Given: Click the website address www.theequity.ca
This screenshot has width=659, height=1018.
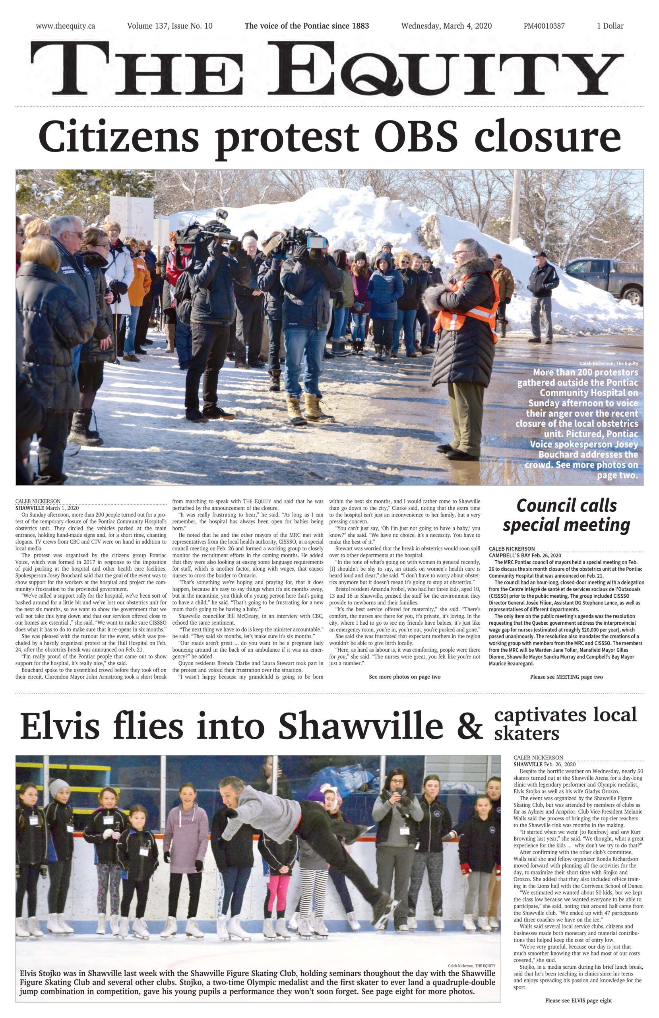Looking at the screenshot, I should tap(66, 26).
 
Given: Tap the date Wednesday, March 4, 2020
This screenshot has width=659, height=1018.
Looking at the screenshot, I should tap(446, 26).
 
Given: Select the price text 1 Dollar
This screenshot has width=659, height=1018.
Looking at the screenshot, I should tap(610, 26).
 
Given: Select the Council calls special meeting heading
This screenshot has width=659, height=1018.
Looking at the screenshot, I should tap(566, 515).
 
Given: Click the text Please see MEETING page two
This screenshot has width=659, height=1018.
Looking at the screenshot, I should tap(566, 677).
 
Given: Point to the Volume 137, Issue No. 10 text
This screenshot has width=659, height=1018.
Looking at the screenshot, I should tap(170, 26).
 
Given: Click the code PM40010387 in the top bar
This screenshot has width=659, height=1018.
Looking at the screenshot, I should tap(544, 26).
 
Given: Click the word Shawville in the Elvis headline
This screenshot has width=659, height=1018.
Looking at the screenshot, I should tap(360, 726).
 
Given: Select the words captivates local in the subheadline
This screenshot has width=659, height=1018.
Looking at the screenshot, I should tap(565, 715).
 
